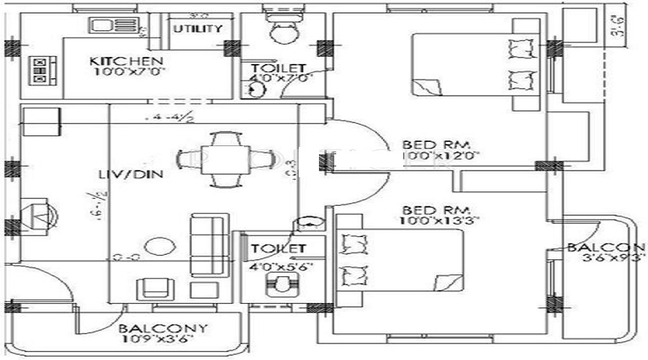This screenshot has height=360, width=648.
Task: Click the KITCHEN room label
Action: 127,60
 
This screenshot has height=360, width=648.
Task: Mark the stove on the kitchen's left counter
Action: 39,71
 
